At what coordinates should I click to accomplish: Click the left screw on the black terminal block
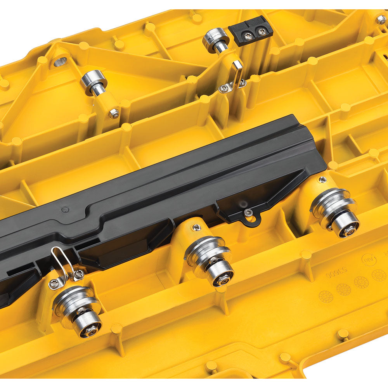(x=248, y=36)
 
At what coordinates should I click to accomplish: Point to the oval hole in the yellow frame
(x=60, y=61)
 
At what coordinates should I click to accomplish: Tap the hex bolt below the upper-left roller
(x=114, y=114)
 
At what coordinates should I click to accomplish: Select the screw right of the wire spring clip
(x=79, y=274)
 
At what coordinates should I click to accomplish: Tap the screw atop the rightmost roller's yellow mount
(x=322, y=179)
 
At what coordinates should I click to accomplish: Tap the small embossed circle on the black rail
(x=64, y=209)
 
